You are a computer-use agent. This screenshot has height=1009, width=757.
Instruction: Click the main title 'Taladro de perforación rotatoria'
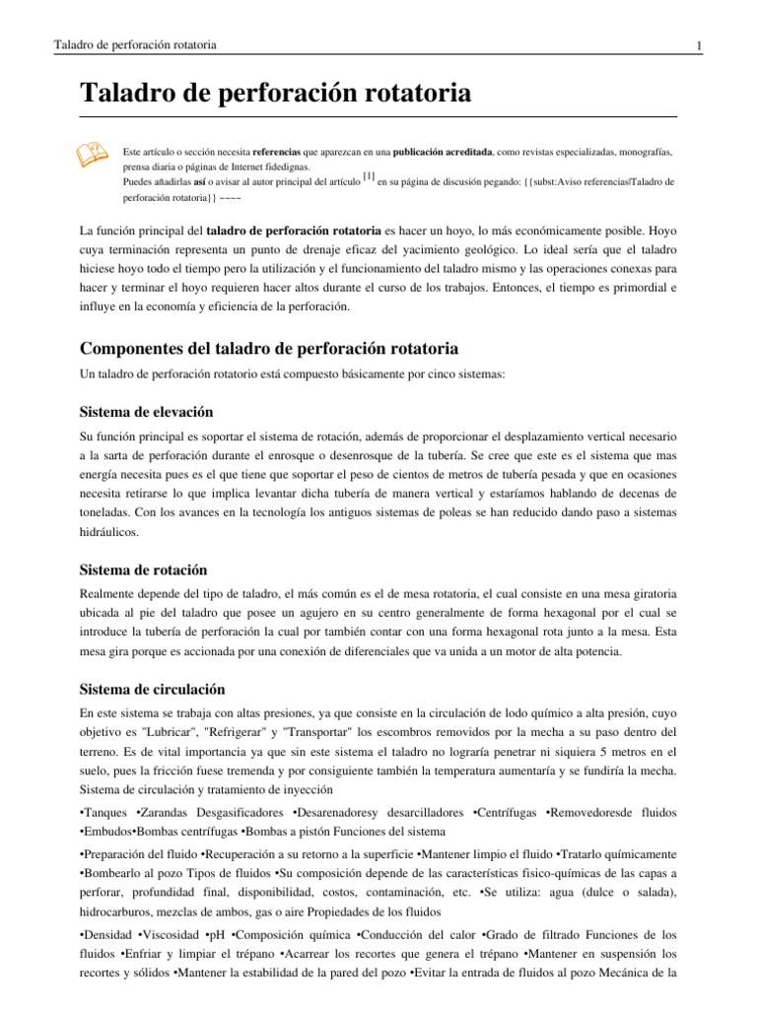pyautogui.click(x=275, y=95)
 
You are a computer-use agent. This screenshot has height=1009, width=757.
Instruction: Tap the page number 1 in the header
pyautogui.click(x=698, y=46)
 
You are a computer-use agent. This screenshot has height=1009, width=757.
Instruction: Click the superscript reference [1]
pyautogui.click(x=369, y=177)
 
